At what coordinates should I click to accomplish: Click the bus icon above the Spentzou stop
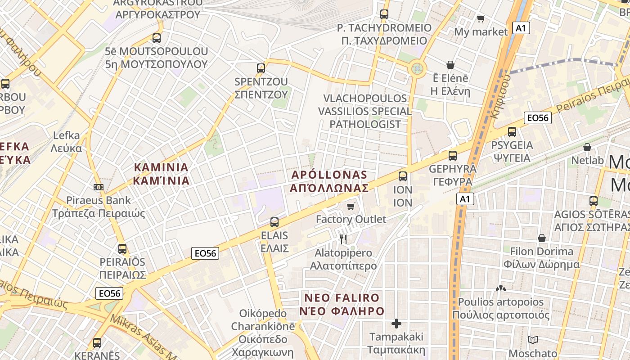pyautogui.click(x=261, y=68)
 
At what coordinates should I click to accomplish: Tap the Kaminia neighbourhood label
pyautogui.click(x=161, y=174)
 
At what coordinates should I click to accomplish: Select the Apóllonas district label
pyautogui.click(x=329, y=181)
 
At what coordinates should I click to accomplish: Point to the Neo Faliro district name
pyautogui.click(x=342, y=304)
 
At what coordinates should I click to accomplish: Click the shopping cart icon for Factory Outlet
pyautogui.click(x=351, y=206)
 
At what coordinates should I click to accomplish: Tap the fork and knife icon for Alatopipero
pyautogui.click(x=343, y=239)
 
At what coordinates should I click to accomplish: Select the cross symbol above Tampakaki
pyautogui.click(x=396, y=324)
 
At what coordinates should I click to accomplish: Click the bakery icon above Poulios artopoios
pyautogui.click(x=500, y=288)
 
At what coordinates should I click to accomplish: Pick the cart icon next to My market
pyautogui.click(x=481, y=18)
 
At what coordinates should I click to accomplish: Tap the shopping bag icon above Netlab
pyautogui.click(x=587, y=147)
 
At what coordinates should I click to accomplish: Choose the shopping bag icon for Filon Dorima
pyautogui.click(x=542, y=238)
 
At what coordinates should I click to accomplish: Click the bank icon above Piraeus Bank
pyautogui.click(x=98, y=187)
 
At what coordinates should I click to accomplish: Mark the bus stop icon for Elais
pyautogui.click(x=274, y=222)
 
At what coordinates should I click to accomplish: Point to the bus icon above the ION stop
pyautogui.click(x=403, y=176)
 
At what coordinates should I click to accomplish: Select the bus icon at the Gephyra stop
pyautogui.click(x=452, y=156)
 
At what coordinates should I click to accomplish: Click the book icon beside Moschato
pyautogui.click(x=533, y=340)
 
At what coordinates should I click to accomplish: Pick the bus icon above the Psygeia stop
pyautogui.click(x=512, y=132)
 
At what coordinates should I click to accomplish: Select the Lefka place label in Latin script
pyautogui.click(x=66, y=135)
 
